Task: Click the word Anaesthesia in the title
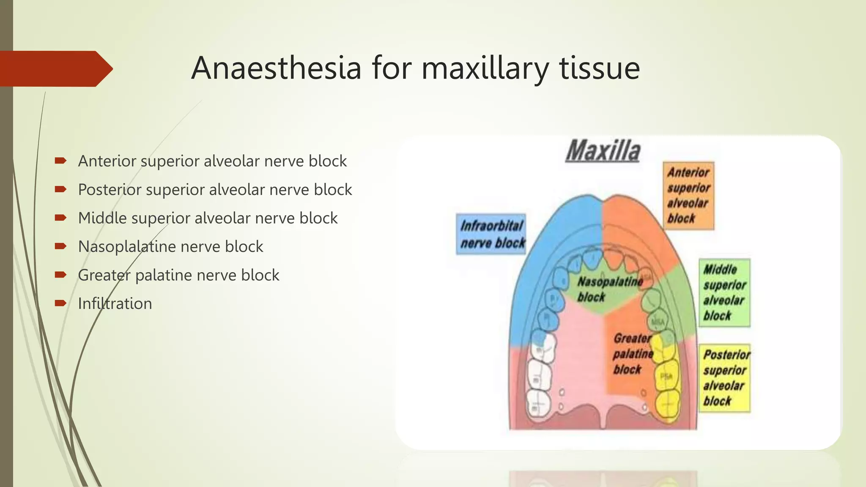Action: pos(276,68)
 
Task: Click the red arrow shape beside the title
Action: pos(55,69)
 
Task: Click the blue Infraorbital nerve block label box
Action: pos(491,234)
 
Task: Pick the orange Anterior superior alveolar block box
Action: pos(688,196)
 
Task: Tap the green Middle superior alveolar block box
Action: pos(724,293)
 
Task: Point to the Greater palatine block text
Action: pos(632,353)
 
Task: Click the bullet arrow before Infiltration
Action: pos(60,303)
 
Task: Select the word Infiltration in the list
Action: pos(115,304)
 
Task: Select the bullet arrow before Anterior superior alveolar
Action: pos(60,161)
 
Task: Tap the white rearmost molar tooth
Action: pos(538,405)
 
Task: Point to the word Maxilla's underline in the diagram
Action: pos(603,161)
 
